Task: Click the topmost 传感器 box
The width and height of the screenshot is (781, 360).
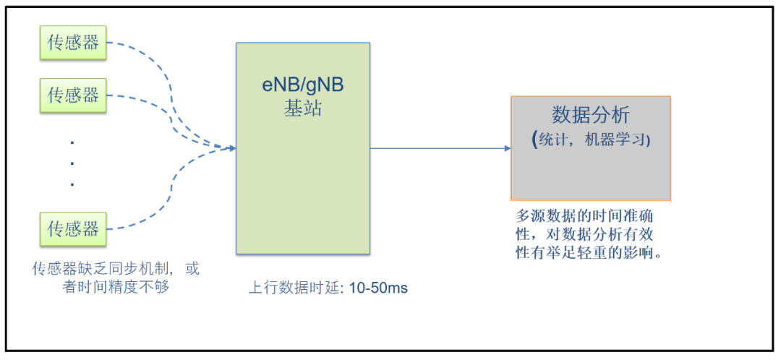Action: point(72,40)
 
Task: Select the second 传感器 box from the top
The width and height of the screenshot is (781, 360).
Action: point(72,95)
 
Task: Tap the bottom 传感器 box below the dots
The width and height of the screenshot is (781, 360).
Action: point(72,229)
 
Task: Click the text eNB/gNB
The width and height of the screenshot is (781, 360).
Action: point(302,86)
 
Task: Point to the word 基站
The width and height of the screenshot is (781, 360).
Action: point(302,110)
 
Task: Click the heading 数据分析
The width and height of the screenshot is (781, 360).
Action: point(591,116)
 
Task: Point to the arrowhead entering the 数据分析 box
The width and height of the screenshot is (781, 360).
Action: point(507,149)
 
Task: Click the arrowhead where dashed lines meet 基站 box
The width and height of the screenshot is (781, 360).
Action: point(232,148)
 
